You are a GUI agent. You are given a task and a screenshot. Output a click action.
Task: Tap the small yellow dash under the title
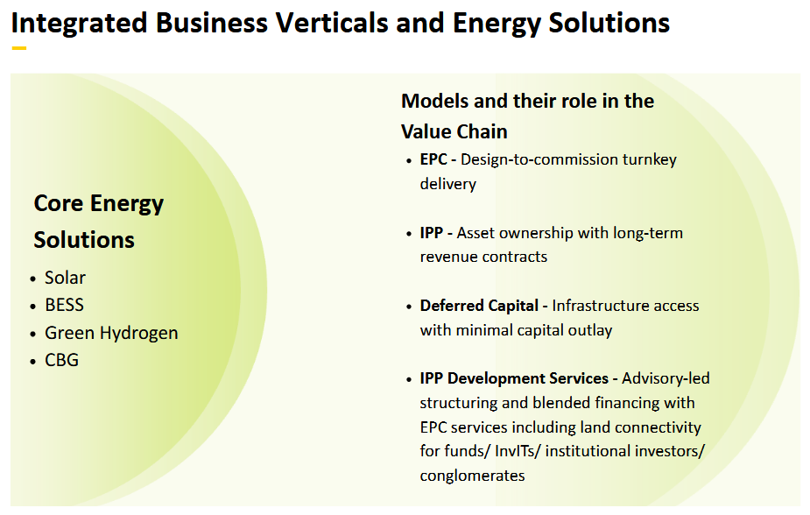(18, 48)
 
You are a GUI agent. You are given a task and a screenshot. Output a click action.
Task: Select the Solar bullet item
(66, 278)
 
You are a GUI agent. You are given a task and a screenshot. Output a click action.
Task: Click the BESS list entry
(65, 306)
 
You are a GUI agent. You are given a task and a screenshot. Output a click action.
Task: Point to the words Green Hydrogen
(111, 334)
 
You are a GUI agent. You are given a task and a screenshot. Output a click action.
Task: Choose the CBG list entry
(62, 360)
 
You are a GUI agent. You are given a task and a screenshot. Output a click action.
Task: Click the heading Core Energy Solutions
(98, 222)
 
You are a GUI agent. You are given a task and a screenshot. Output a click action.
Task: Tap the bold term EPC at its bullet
(433, 159)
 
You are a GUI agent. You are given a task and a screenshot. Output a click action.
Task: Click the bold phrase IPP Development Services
(514, 378)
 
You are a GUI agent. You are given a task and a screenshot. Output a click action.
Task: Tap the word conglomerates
(472, 476)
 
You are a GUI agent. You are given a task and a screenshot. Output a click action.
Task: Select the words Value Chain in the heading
(454, 131)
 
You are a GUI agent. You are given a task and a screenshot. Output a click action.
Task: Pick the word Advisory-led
(666, 378)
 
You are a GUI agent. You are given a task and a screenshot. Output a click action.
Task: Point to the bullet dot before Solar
(34, 279)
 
